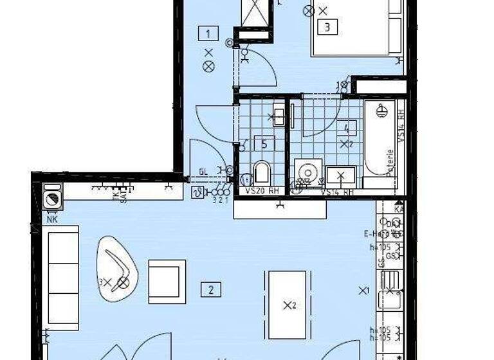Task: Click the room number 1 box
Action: (208, 32)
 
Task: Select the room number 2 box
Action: (210, 290)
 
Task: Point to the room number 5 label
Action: (264, 143)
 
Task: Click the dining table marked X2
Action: (287, 305)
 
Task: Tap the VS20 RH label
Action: (261, 192)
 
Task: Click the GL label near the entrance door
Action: (203, 172)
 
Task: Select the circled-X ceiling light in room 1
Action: (208, 66)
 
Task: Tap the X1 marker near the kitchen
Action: (364, 290)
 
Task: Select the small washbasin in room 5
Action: (279, 116)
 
